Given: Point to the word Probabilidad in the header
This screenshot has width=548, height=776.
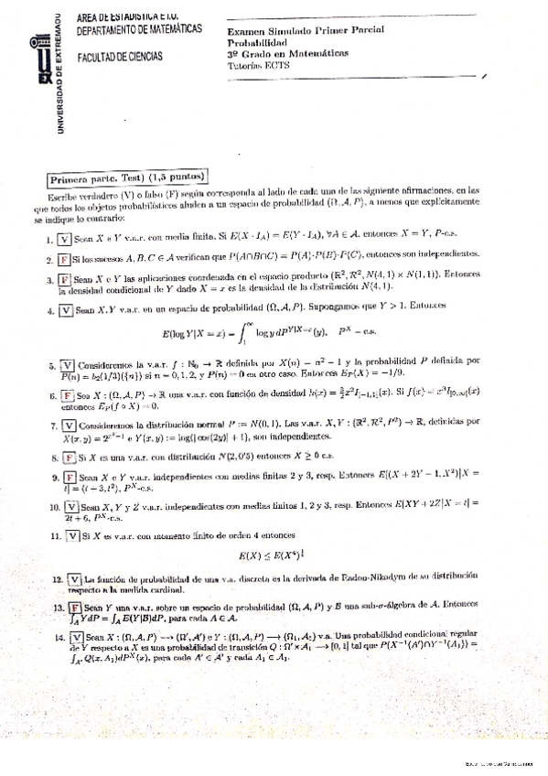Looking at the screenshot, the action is coord(257,42).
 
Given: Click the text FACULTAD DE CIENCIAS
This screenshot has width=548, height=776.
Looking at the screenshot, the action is coord(120,57).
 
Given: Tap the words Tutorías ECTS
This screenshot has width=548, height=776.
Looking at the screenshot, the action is coord(258,66).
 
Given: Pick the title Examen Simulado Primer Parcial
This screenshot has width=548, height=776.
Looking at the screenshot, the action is coord(306,30).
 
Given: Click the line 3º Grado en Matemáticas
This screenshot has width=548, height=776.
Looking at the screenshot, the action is coord(288,54).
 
